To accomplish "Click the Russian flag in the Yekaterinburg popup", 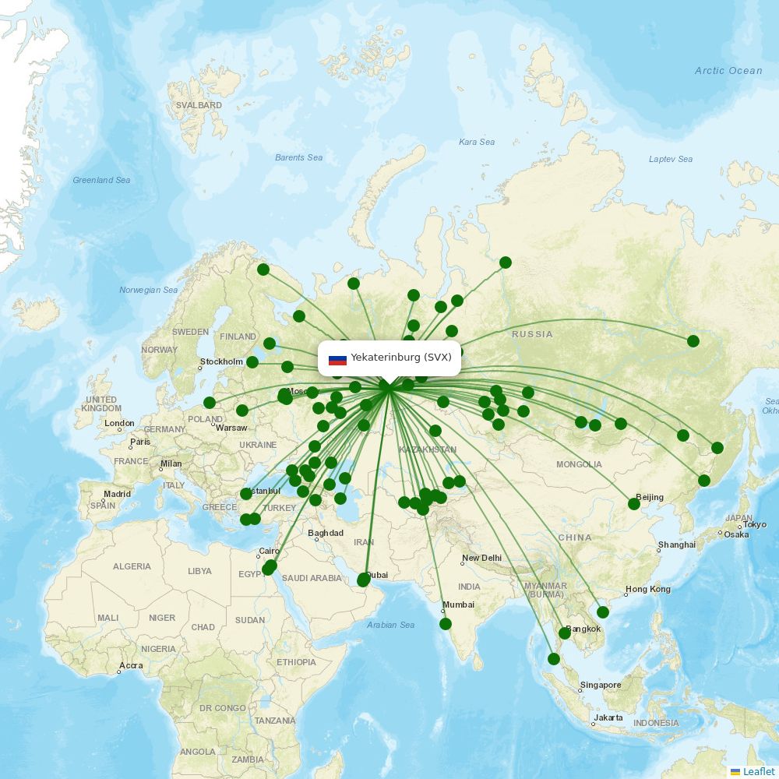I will point(337,359).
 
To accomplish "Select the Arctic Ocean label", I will point(728,71).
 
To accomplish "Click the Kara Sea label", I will point(477,142).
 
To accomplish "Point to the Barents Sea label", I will point(298,157).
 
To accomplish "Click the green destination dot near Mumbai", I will point(446,624).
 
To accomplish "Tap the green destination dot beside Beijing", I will point(634,504).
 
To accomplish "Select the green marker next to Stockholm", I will point(252,362).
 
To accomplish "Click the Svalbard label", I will point(199,105).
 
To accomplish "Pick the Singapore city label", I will point(601,686).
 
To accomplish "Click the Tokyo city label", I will point(754,525).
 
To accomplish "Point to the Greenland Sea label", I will point(101,180).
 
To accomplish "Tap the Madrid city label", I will point(117,494).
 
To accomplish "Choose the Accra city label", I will point(130,666).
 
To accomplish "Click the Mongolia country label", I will point(579,464).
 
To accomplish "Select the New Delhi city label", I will point(481,558).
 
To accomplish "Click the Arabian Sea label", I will point(390,625).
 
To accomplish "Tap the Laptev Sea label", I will point(670,159).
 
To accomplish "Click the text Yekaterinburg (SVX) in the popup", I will point(401,358).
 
